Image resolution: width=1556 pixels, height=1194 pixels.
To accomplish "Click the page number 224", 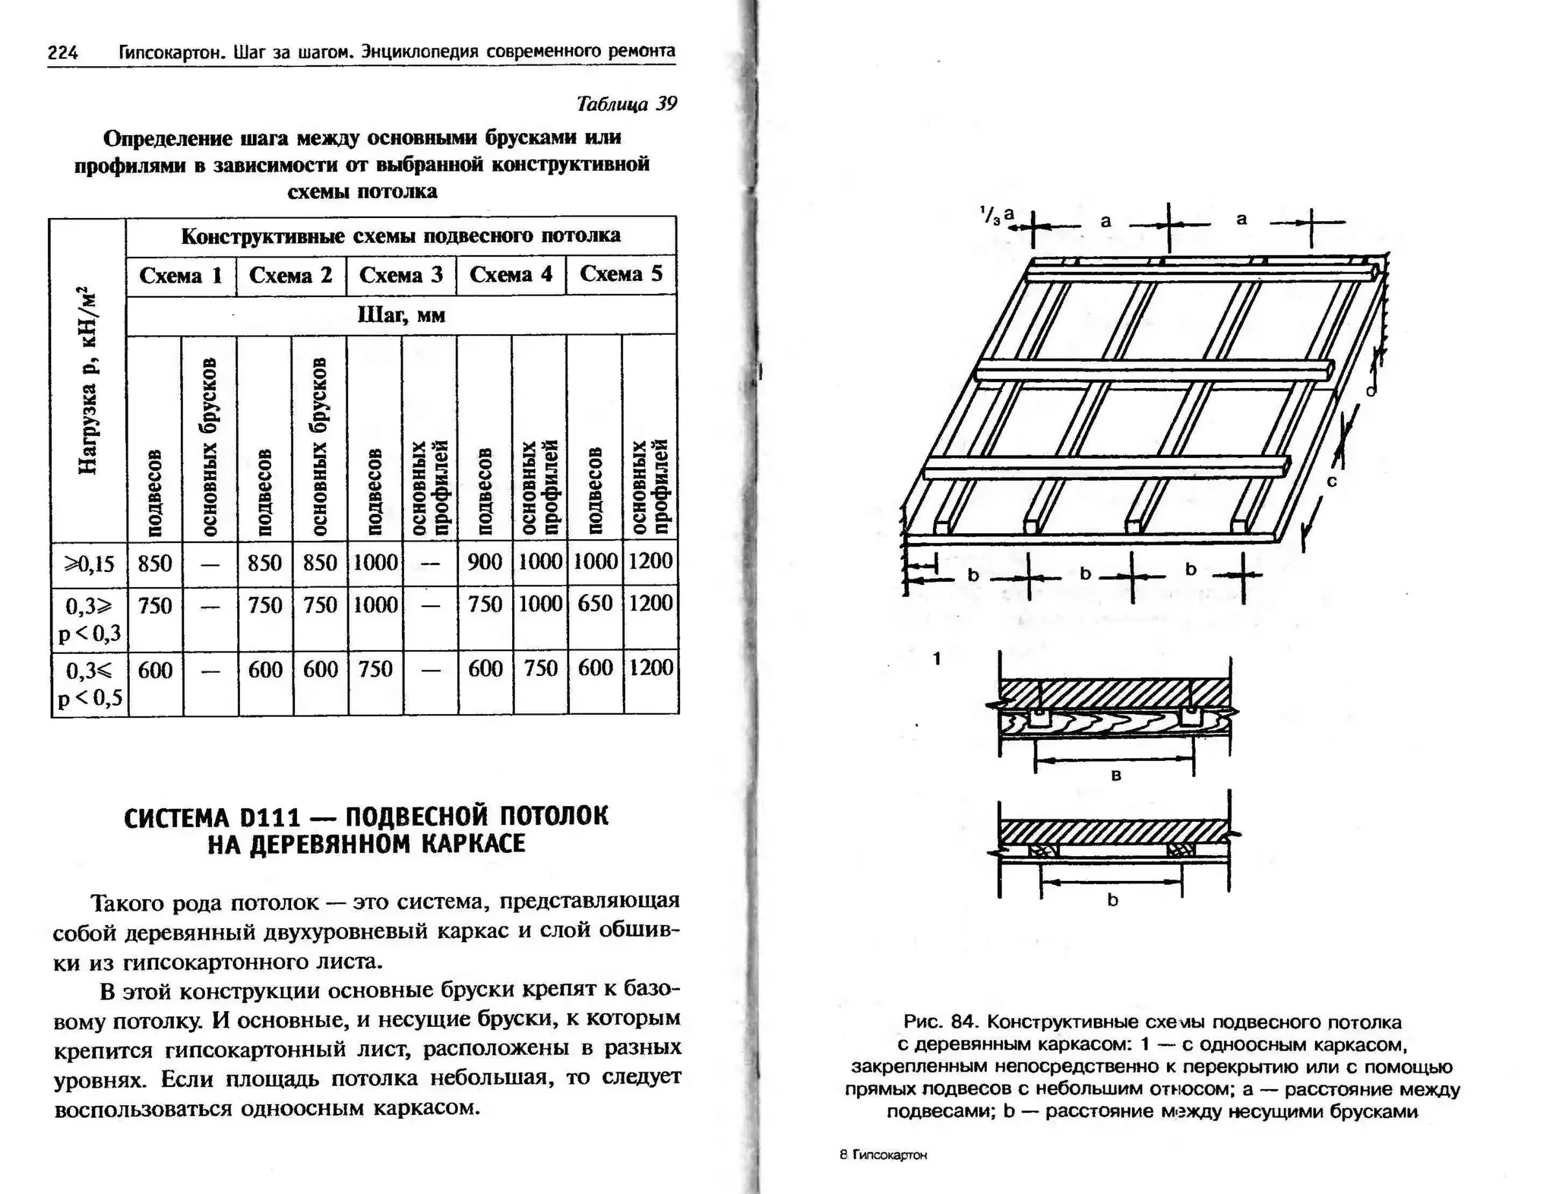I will pos(62,52).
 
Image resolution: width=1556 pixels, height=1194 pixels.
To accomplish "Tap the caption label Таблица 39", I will pos(626,104).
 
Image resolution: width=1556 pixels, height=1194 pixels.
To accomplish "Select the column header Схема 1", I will pos(181,275).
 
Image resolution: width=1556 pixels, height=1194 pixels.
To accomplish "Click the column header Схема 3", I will pos(400,275).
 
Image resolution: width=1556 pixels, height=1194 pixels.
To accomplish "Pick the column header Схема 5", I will pos(621,273).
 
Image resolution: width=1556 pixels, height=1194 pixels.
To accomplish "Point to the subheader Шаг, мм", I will pos(401,314).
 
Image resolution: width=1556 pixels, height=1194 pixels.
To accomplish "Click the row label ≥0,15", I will pos(89,564).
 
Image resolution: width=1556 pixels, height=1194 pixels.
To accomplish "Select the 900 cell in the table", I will pos(485,562).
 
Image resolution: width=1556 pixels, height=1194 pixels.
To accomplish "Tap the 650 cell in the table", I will pos(595,604).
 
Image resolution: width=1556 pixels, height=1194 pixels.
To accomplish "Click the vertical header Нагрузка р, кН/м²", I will pos(89,380).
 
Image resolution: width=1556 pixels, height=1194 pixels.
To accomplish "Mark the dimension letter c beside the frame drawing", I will pos(1331,481).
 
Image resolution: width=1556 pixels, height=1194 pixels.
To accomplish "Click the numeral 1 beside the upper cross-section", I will pos(938,659).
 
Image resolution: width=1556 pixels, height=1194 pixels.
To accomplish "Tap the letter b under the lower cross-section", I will pos(1112,901).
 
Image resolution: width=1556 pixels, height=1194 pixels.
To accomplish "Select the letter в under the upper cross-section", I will pos(1115,775).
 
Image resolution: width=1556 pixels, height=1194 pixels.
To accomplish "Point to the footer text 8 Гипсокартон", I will pos(884,1155).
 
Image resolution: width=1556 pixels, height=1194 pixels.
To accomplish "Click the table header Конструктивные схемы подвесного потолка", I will pos(400,235).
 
